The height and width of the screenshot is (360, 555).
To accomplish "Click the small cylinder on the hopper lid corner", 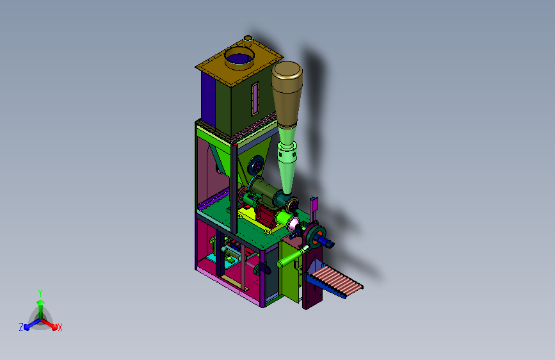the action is tap(248, 38).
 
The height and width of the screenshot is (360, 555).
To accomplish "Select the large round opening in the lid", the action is tap(239, 58).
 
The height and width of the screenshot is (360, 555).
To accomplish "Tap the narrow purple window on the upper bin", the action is tap(255, 99).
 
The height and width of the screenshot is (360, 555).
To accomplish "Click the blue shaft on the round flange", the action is tap(326, 241).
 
